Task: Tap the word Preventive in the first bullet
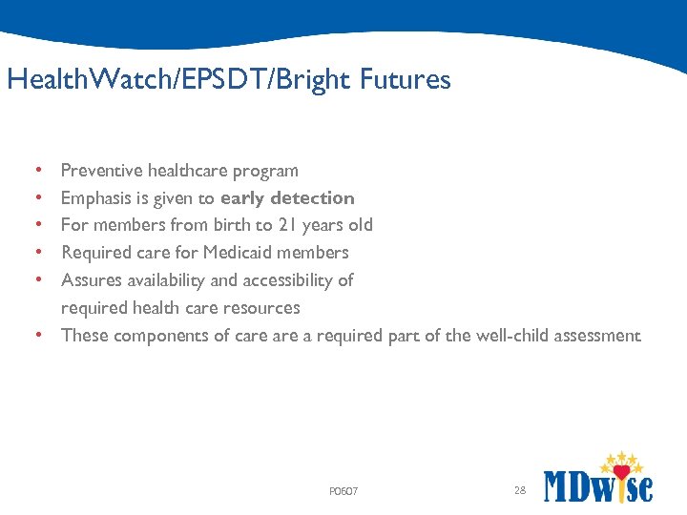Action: (101, 171)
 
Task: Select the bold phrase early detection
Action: (287, 198)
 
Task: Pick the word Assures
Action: (91, 280)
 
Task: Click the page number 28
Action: (520, 490)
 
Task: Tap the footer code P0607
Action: (343, 492)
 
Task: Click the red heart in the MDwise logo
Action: (622, 471)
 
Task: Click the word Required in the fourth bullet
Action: (95, 253)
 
